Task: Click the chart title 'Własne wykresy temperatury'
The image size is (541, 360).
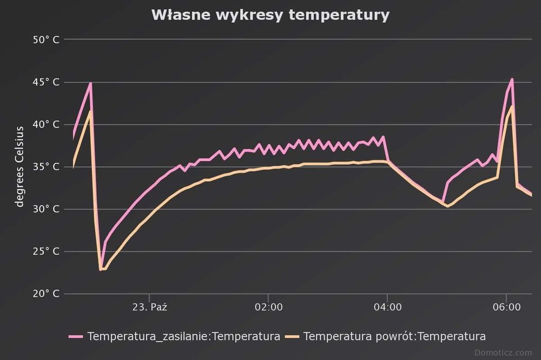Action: (x=270, y=15)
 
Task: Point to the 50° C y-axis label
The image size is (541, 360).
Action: (x=45, y=39)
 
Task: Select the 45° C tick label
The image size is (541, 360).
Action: (x=45, y=82)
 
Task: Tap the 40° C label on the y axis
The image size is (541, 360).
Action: (x=45, y=124)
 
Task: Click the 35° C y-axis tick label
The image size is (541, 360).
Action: (x=45, y=166)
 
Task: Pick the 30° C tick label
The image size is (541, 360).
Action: (x=45, y=209)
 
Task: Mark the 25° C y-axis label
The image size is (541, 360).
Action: (x=45, y=251)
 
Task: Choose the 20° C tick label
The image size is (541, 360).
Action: (x=45, y=294)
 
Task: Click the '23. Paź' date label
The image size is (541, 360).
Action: (x=149, y=307)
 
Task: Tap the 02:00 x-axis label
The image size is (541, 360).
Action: (x=268, y=307)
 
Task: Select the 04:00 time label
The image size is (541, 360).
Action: (x=387, y=307)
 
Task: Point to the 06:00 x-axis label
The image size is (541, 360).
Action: (x=506, y=307)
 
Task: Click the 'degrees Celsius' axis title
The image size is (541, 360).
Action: (x=20, y=166)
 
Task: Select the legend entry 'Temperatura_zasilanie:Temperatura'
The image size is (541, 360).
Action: (x=183, y=336)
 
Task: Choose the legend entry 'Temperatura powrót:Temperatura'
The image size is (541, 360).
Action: (x=394, y=336)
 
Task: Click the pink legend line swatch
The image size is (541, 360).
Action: (x=76, y=336)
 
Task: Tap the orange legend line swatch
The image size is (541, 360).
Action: (x=293, y=336)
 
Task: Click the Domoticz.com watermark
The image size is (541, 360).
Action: (x=503, y=353)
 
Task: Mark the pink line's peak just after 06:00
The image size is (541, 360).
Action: (x=512, y=79)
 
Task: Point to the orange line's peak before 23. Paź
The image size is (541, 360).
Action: (x=90, y=111)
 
